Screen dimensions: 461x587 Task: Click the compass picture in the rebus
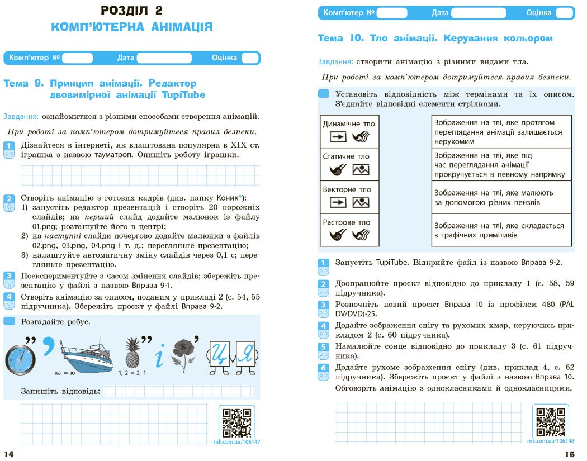pyautogui.click(x=20, y=359)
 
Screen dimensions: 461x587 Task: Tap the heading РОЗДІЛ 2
pyautogui.click(x=132, y=10)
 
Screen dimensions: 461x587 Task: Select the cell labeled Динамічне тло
pyautogui.click(x=349, y=131)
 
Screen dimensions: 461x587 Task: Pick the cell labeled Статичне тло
pyautogui.click(x=349, y=164)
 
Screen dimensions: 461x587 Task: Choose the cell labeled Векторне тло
pyautogui.click(x=349, y=197)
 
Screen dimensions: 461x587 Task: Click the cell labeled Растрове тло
pyautogui.click(x=349, y=230)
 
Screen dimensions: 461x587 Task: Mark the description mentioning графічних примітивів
pyautogui.click(x=502, y=230)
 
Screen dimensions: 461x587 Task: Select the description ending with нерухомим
pyautogui.click(x=502, y=132)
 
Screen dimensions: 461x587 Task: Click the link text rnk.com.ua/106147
pyautogui.click(x=236, y=441)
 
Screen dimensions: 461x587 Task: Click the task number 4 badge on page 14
pyautogui.click(x=9, y=300)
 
